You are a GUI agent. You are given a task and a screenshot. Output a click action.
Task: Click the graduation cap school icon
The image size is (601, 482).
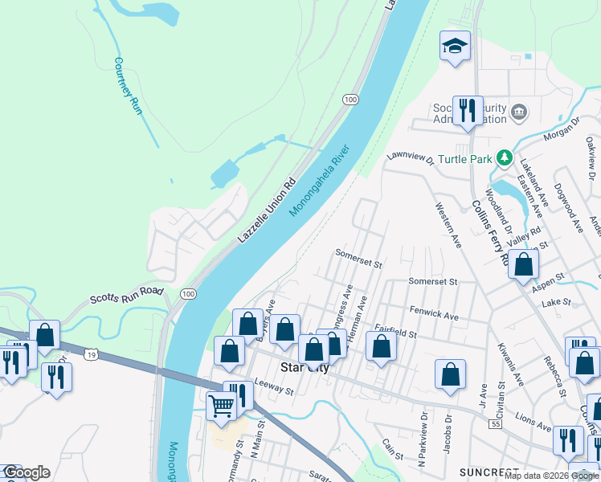(x=455, y=47)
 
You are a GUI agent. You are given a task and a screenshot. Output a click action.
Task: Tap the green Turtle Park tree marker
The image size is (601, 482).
(x=505, y=158)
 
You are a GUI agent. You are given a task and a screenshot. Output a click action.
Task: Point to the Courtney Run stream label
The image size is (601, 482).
(x=128, y=86)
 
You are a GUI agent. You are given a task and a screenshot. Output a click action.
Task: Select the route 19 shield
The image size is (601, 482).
(x=93, y=354)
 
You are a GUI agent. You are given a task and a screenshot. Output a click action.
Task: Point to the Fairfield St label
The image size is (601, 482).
(x=395, y=331)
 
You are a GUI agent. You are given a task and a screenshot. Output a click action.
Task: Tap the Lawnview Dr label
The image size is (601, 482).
(x=410, y=157)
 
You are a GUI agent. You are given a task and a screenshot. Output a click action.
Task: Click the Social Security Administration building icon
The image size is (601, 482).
(x=519, y=111)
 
